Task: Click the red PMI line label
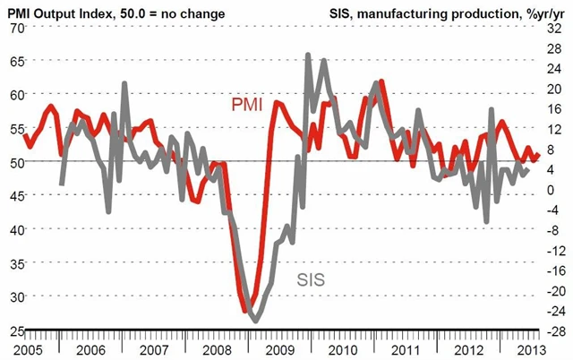click(246, 105)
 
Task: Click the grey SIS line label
click(311, 279)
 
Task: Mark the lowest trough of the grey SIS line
click(255, 321)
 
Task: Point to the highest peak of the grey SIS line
click(308, 55)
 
